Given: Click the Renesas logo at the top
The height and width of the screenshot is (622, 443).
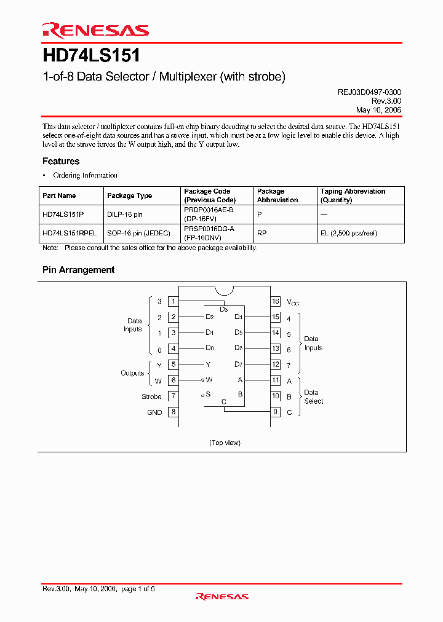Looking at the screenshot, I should point(95,30).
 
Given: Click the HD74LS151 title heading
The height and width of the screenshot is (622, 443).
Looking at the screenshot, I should point(91,56).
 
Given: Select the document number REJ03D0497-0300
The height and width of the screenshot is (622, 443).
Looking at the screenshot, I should point(369,92).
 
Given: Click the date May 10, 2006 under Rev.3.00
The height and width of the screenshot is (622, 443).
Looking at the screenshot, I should point(378,109).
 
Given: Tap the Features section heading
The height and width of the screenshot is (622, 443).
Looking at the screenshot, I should point(61,161).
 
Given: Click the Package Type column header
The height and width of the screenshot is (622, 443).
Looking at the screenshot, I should point(129,195).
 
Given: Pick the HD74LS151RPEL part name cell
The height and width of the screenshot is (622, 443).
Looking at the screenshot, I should point(70,234).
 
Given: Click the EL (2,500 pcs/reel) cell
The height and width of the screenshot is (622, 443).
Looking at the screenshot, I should point(348,234).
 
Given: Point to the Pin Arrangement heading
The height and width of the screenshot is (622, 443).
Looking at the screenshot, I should point(78,270).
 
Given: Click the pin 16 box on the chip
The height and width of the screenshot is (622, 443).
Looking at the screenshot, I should point(276,301).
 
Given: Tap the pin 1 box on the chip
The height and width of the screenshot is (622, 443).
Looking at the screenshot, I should point(174,301).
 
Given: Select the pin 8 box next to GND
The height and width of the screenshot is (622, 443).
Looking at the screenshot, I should point(174,412).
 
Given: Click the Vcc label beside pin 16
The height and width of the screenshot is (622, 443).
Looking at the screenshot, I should point(293,302).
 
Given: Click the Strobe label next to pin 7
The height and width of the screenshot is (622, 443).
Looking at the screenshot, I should point(151,396).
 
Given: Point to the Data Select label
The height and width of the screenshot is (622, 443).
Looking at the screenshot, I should point(313,396).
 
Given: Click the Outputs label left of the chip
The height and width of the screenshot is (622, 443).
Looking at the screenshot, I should point(132,373).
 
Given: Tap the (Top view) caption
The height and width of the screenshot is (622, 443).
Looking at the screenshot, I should point(225,443).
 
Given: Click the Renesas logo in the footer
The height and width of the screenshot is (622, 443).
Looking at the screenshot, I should point(221,596).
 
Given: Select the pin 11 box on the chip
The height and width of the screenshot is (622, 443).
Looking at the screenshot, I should point(276,380).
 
